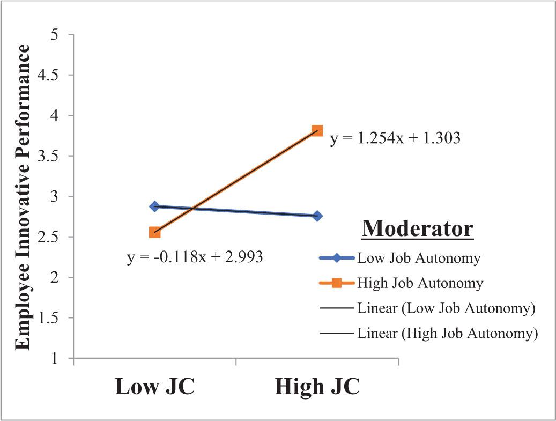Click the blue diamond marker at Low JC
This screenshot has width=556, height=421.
(154, 206)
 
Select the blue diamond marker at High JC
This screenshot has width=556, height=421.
(317, 216)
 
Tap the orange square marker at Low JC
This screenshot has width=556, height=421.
(154, 233)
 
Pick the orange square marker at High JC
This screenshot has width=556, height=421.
(317, 130)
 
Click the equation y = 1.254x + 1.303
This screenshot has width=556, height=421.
(395, 138)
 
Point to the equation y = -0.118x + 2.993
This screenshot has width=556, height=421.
(195, 257)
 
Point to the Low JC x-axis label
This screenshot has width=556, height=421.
(154, 386)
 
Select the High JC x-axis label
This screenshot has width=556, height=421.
(317, 386)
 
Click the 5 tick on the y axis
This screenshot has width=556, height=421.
(54, 35)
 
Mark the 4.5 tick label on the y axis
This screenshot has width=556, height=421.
(48, 75)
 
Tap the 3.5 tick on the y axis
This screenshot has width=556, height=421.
(48, 156)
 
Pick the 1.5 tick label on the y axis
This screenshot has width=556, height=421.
(48, 318)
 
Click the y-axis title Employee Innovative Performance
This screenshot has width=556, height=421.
(22, 197)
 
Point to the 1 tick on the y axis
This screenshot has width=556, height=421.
(54, 358)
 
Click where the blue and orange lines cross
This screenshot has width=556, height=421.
(192, 208)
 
